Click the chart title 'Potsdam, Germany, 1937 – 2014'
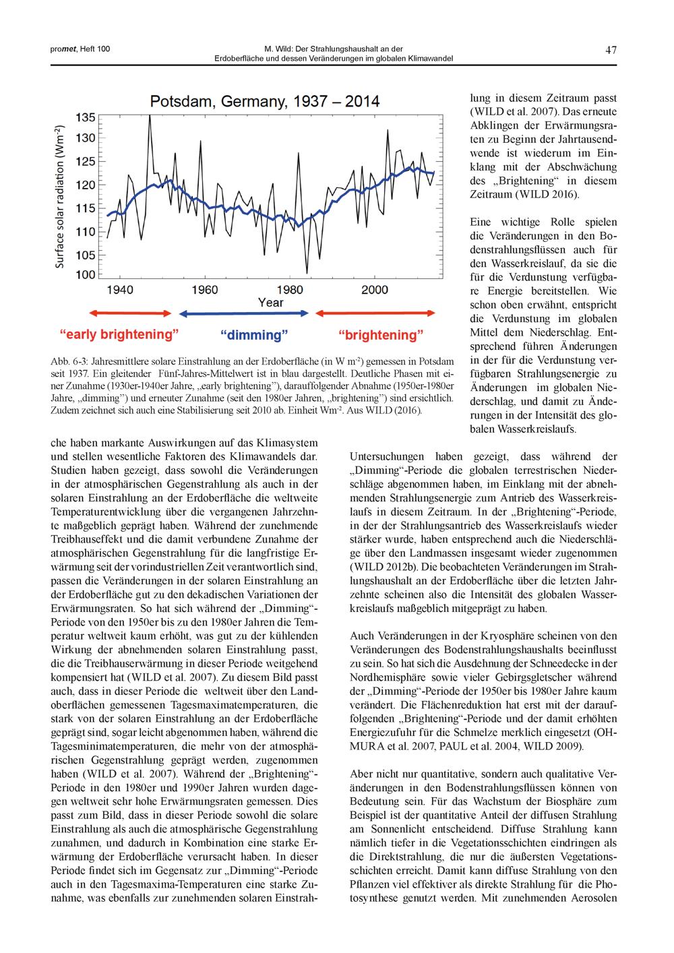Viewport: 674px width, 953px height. click(264, 102)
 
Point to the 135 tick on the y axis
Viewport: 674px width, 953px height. click(86, 118)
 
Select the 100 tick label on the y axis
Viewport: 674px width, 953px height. click(86, 274)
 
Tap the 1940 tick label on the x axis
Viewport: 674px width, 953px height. click(120, 290)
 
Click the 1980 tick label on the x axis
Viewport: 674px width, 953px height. click(290, 290)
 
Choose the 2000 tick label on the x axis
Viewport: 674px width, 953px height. click(375, 290)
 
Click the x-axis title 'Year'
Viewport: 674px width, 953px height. click(270, 303)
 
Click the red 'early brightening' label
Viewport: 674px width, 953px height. click(119, 334)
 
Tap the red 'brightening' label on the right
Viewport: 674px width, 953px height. click(381, 335)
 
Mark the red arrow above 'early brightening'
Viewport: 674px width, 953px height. click(130, 313)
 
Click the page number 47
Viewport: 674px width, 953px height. click(611, 50)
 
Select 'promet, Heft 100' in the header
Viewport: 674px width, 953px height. click(71, 49)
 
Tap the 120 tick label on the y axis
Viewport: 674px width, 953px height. click(86, 184)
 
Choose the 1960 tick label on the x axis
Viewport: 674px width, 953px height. click(205, 290)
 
